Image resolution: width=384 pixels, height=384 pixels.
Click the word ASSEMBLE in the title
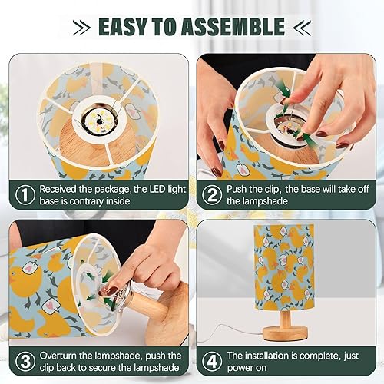pos(240,27)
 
